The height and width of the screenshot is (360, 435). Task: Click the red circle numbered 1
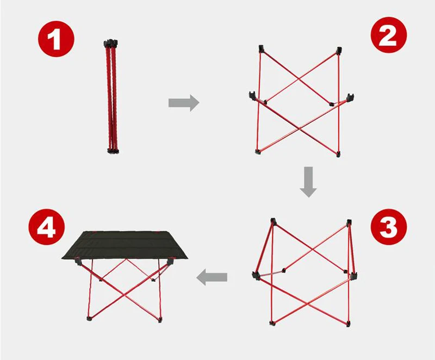57,39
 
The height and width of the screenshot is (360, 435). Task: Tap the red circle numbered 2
389,35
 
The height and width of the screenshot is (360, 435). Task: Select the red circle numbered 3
389,227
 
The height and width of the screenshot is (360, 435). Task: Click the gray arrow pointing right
184,103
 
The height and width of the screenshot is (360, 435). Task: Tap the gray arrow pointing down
308,182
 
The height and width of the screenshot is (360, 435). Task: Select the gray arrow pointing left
212,277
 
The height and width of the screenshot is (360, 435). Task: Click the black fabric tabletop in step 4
125,245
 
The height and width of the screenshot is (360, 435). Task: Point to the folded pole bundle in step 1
111,97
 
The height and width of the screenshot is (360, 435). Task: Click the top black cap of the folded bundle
111,43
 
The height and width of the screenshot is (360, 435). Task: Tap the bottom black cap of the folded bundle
113,151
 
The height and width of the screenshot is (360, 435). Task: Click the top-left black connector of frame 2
262,49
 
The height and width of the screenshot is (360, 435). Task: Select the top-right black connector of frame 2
339,51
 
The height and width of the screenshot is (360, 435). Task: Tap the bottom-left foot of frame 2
258,151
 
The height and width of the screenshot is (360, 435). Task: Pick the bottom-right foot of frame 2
338,154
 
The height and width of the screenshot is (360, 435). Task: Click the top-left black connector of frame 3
274,222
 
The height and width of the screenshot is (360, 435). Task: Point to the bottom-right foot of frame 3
348,324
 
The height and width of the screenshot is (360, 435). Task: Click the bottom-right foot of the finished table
160,320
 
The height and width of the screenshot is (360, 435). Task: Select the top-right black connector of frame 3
349,223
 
